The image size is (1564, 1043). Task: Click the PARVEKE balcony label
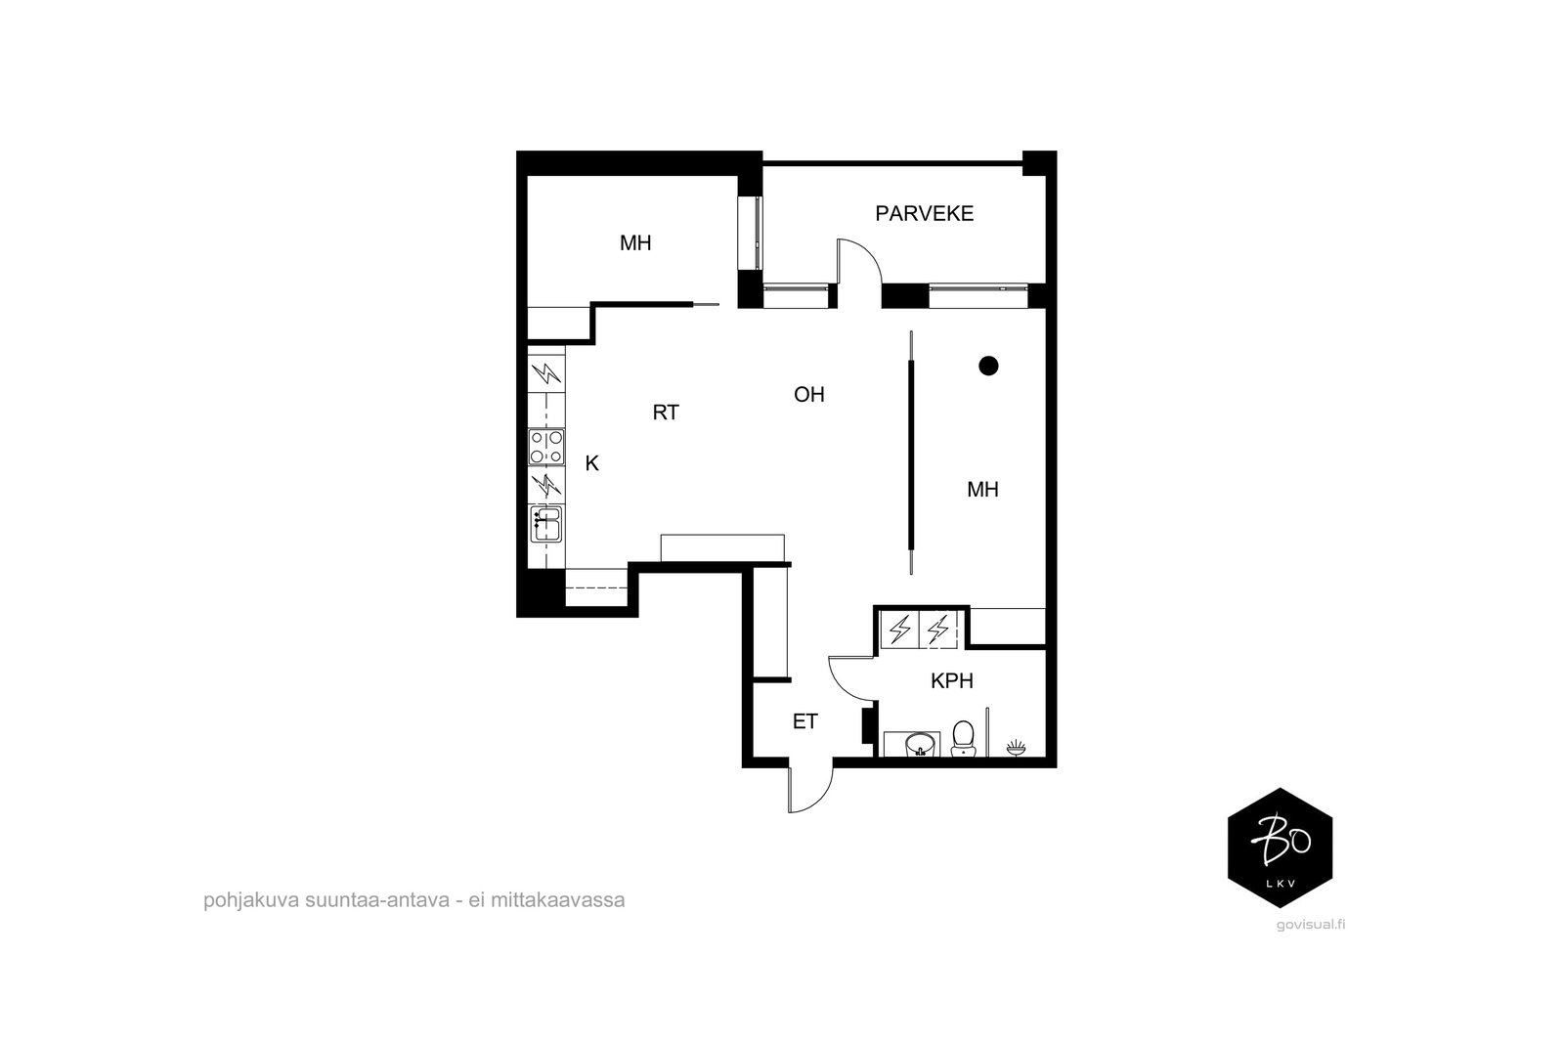(924, 214)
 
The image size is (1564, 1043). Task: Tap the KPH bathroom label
(952, 680)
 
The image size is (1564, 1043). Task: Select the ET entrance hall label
(805, 721)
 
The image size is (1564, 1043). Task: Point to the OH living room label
(809, 395)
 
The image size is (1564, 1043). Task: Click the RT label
(666, 413)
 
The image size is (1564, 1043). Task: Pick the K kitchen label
(592, 463)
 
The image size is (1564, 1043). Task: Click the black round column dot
(988, 366)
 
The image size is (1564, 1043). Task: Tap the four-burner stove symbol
(546, 447)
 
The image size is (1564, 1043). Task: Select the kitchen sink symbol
(546, 524)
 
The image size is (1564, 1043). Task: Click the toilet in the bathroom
(963, 739)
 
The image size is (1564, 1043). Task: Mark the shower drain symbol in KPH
(1017, 749)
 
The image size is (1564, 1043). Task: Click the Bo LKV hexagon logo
(1280, 847)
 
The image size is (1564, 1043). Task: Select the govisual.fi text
(1311, 925)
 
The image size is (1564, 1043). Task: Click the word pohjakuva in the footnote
(251, 900)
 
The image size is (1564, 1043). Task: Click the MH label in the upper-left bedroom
(635, 243)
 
